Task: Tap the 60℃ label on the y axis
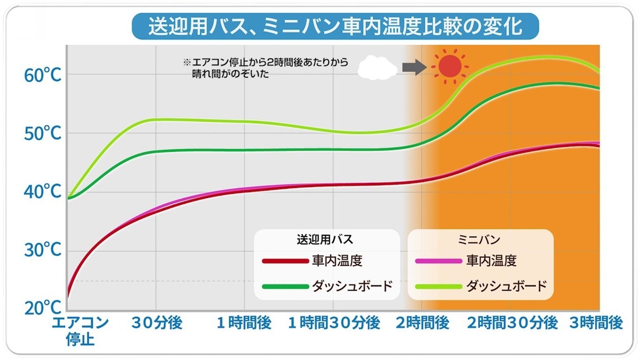[x=42, y=75]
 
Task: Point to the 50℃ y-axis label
[x=42, y=133]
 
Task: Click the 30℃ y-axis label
[x=42, y=250]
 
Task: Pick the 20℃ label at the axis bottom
[x=42, y=308]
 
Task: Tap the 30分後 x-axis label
[x=155, y=323]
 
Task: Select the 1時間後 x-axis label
[x=244, y=323]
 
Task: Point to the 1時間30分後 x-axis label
[x=334, y=323]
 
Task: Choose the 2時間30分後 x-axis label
[x=513, y=323]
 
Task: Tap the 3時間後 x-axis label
[x=596, y=323]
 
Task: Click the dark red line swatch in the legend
[x=285, y=261]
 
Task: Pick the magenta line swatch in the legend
[x=437, y=261]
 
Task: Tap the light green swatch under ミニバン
[x=437, y=286]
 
